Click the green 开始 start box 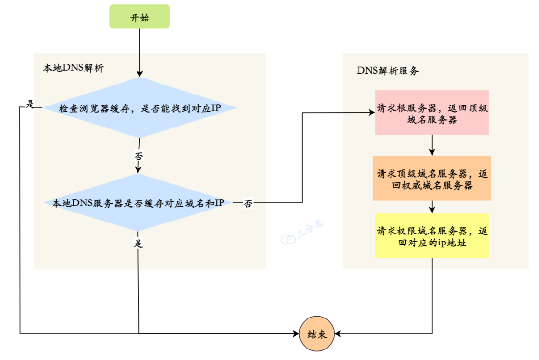(x=139, y=17)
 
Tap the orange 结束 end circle (x=317, y=333)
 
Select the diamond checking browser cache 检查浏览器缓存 (x=139, y=108)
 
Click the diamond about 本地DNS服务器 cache (x=138, y=203)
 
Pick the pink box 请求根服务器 (x=432, y=112)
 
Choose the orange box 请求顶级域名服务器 (x=432, y=178)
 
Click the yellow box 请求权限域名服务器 (x=432, y=236)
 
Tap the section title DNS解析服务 (x=388, y=71)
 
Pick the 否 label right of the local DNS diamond (x=248, y=203)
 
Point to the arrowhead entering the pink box (x=371, y=113)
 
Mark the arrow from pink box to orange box (x=432, y=145)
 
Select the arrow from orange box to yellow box (x=432, y=207)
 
